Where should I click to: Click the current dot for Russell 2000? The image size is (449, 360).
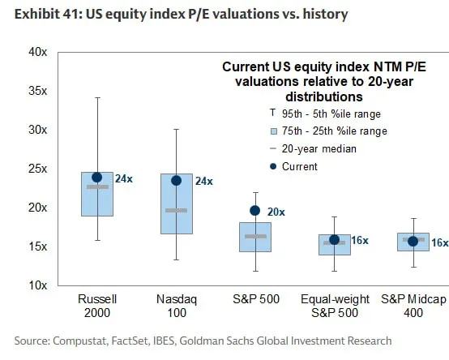pos(97,177)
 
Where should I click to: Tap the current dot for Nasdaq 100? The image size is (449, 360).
pos(176,180)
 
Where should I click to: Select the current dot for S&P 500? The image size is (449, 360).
pos(255,211)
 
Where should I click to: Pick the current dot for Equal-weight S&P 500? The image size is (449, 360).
pos(334,240)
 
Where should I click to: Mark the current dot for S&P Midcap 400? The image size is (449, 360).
pos(413,241)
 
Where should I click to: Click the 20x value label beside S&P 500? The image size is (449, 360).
pos(276,212)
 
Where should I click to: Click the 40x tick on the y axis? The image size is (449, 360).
pos(38,52)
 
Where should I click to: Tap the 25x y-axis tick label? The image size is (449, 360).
pos(38,169)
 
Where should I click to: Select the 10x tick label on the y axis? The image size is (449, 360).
pos(38,285)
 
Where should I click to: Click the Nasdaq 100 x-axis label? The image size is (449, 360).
pos(176,306)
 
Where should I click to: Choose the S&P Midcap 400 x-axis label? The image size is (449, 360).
pos(413,306)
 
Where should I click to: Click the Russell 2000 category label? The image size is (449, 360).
pos(97,306)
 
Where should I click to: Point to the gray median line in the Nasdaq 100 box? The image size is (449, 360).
pos(176,210)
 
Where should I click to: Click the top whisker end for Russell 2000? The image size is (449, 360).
pos(97,98)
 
